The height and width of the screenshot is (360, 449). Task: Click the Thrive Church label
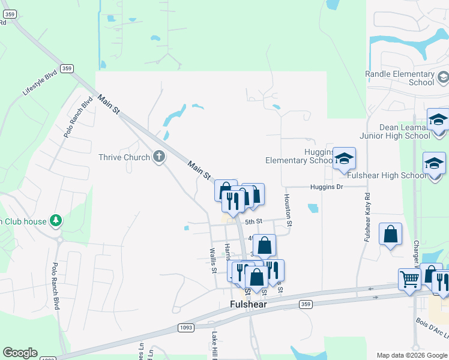[x=124, y=157]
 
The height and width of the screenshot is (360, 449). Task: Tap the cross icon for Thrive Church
[x=159, y=157]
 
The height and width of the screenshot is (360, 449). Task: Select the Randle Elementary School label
[x=399, y=78]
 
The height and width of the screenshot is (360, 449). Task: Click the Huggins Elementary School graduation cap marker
[x=345, y=158]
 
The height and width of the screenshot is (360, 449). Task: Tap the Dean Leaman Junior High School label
[x=405, y=131]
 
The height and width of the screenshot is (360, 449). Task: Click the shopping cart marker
[x=409, y=278]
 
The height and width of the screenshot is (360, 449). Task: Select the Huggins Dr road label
[x=326, y=187]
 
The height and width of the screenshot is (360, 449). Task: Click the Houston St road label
[x=289, y=210]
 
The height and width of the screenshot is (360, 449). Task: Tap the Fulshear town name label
[x=248, y=304]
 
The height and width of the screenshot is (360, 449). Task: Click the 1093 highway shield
[x=185, y=327]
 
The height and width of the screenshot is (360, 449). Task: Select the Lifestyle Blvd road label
[x=40, y=83]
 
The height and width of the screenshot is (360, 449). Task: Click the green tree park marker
[x=55, y=221]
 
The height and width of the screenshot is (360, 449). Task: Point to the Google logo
[x=20, y=353]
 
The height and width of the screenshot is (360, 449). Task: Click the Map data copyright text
[x=411, y=355]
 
